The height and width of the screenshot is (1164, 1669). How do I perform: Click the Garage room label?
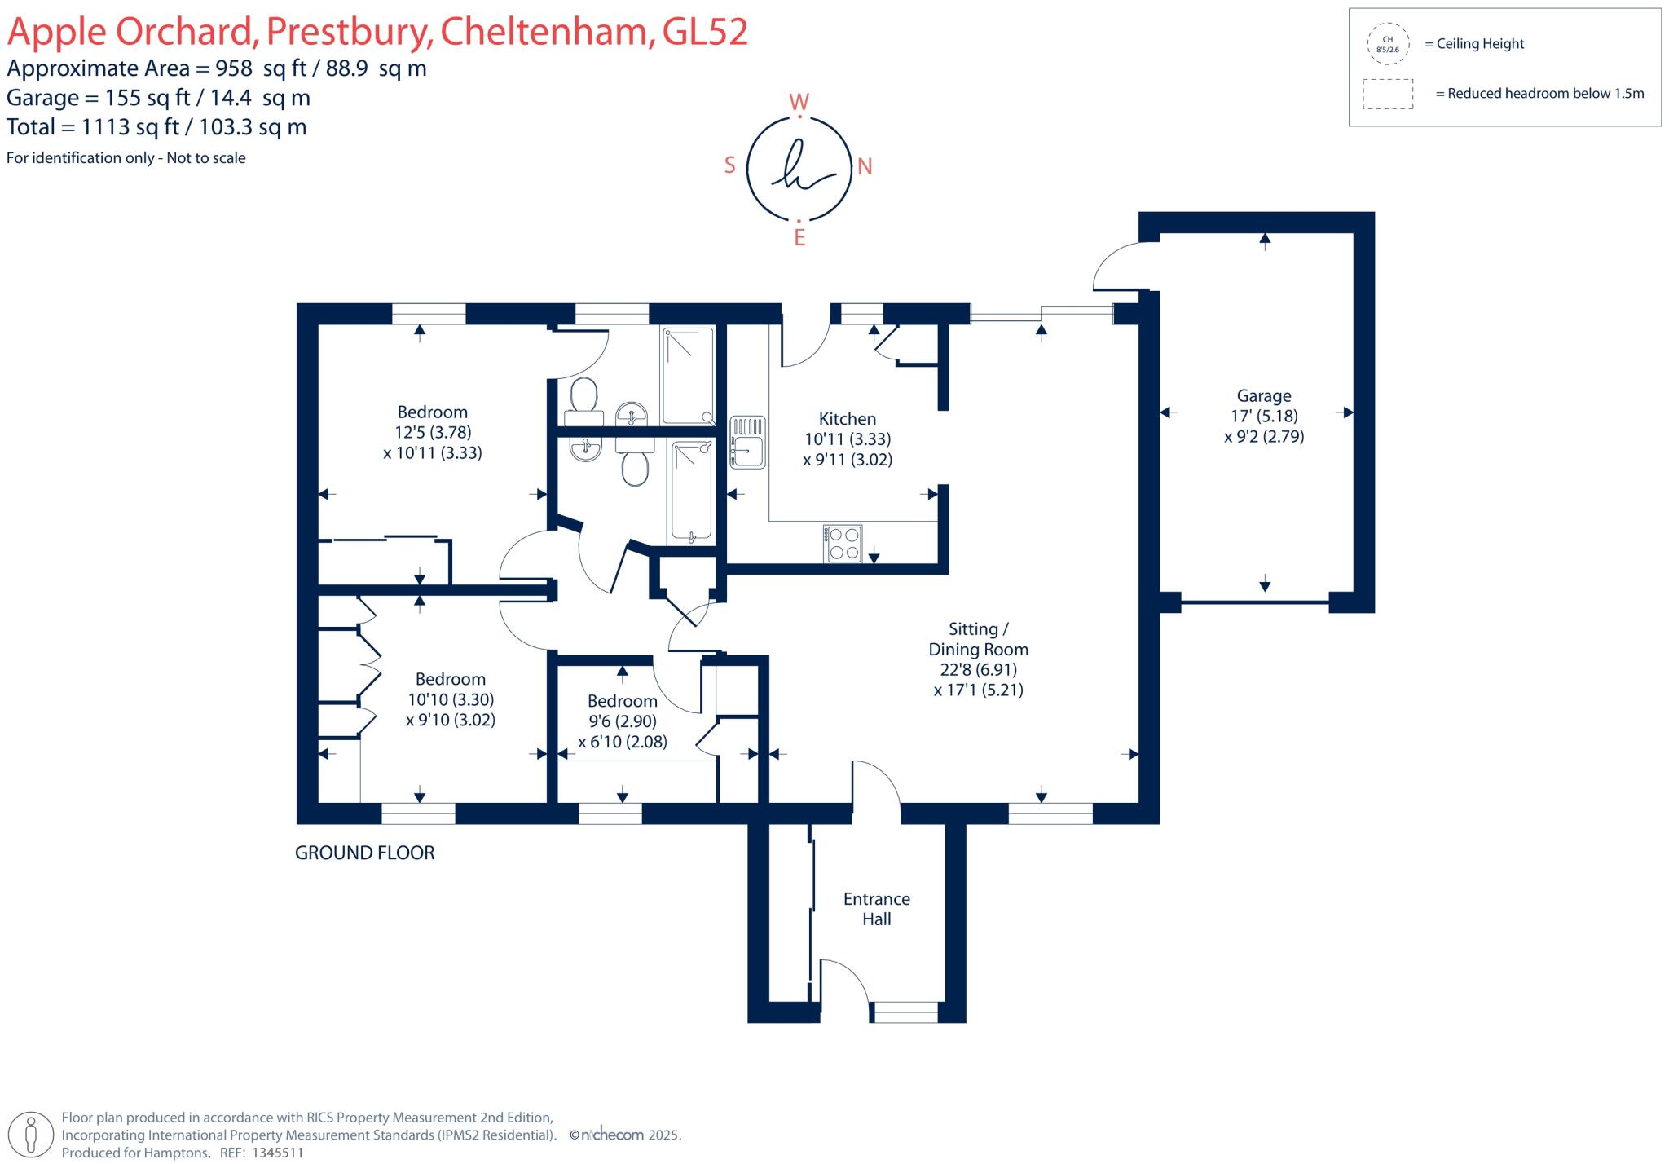click(1264, 396)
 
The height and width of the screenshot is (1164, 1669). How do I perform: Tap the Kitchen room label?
click(847, 419)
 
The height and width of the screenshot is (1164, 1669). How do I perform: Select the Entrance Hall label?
click(876, 909)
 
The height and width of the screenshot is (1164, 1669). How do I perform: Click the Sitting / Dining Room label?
click(978, 639)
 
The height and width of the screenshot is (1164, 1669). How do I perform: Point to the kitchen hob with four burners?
click(843, 544)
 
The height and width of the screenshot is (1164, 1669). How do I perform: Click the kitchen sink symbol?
click(747, 443)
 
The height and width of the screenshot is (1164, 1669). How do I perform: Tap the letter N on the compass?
click(865, 167)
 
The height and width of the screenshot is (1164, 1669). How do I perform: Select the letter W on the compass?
click(799, 103)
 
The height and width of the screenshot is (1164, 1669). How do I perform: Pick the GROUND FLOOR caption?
click(364, 853)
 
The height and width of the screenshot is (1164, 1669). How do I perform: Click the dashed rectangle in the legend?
click(1387, 94)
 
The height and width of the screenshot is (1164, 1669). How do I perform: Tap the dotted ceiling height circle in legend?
click(1387, 44)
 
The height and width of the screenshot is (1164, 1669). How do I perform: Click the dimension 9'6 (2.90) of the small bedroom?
click(622, 721)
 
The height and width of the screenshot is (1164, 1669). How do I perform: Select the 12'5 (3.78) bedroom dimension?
click(433, 433)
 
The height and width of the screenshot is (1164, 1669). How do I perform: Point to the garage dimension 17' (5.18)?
click(1264, 417)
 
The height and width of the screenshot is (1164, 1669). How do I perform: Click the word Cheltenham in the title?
click(547, 32)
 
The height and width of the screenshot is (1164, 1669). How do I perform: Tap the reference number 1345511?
click(277, 1153)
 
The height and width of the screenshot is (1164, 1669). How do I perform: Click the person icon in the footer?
click(32, 1135)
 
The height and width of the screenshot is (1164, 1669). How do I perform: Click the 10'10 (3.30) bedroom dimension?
click(451, 699)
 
